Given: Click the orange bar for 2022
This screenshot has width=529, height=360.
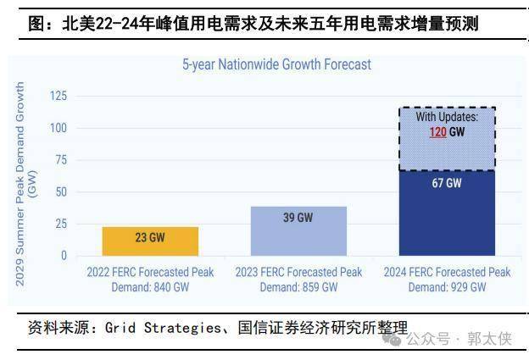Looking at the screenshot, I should click(x=151, y=241).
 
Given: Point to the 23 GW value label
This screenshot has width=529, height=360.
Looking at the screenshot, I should click(x=151, y=238).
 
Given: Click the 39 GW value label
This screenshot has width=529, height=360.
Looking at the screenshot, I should click(x=298, y=218).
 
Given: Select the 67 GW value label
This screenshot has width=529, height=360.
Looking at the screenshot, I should click(x=447, y=183).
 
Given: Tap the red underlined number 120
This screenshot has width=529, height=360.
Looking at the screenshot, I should click(x=437, y=132).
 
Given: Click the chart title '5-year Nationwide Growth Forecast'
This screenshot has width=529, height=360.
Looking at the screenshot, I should click(x=277, y=64).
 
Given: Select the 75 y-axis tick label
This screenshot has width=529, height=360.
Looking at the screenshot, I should click(x=59, y=160).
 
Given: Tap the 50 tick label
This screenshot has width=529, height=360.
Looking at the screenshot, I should click(x=59, y=191).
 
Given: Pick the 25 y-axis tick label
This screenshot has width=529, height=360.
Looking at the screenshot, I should click(x=59, y=224).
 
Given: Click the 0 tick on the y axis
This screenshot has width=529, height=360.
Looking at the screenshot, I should click(x=63, y=255).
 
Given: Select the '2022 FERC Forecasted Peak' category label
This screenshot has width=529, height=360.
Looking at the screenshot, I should click(x=151, y=273).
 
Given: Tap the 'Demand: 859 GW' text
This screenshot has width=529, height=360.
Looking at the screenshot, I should click(x=298, y=287).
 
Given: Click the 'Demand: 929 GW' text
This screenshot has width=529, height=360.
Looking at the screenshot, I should click(x=447, y=287).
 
